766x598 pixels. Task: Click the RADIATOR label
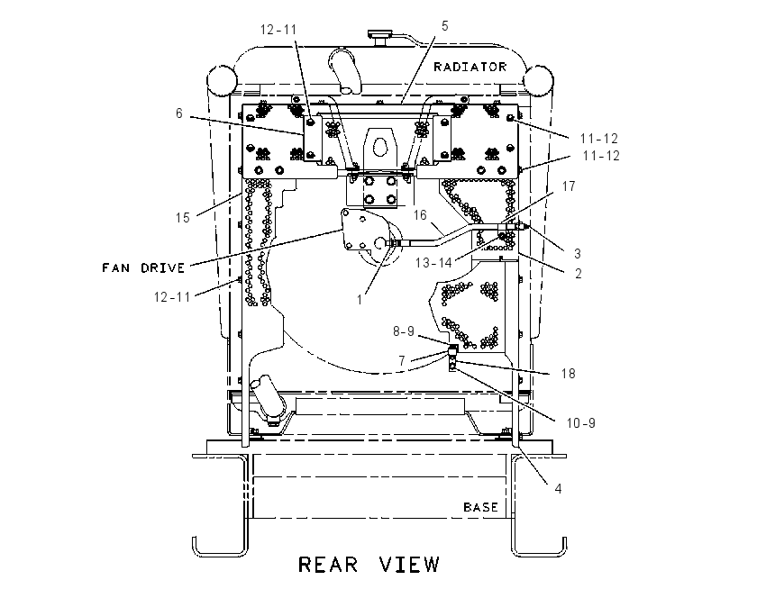coord(470,67)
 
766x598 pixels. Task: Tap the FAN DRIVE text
coord(143,268)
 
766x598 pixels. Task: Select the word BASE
coord(480,507)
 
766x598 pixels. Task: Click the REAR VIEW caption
coord(369,565)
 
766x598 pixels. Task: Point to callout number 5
coord(444,26)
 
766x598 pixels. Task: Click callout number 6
coord(179,113)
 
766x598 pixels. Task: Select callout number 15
coord(183,218)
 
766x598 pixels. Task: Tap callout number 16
coord(420,214)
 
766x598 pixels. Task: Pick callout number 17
coord(569,186)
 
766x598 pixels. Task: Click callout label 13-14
coord(433,263)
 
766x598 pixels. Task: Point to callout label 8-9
coord(404,331)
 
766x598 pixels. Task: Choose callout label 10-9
coord(581,422)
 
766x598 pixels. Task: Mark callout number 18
coord(568,374)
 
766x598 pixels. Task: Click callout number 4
coord(558,488)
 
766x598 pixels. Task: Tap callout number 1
coord(360,300)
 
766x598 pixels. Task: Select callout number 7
coord(402,361)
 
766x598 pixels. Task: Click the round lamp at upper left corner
coord(223,79)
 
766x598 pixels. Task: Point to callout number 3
coord(578,254)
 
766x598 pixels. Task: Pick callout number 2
coord(579,274)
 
